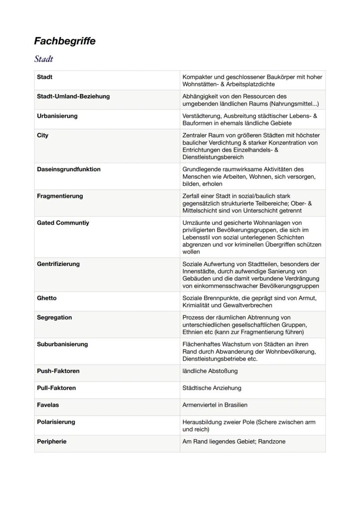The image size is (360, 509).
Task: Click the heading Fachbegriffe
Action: coord(65,41)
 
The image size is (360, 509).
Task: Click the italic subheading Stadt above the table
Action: coord(43,59)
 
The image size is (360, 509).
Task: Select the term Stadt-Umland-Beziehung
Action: coord(73,96)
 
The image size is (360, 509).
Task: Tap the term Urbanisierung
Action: coord(57,116)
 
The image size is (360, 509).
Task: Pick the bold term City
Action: coord(43,136)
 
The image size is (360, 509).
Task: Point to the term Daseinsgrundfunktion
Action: coord(68,170)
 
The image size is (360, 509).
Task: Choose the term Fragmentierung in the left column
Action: coord(60,196)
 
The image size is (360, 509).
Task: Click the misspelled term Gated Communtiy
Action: coord(63,223)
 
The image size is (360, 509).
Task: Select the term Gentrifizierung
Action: coord(59,264)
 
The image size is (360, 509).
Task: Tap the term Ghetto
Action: coord(47,298)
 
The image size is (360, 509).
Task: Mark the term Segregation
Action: coord(54,318)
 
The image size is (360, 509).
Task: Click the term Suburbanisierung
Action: coord(62,344)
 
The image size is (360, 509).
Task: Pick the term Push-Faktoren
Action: coord(58,371)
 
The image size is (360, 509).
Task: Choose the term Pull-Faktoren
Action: coord(56,388)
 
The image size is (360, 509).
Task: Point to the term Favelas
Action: coord(48,405)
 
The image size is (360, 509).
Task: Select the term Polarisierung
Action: coord(56,422)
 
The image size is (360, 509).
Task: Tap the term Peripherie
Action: coord(51,442)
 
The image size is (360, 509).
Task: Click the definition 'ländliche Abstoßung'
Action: coord(210,371)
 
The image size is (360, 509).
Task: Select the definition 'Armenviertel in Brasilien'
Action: coord(215,405)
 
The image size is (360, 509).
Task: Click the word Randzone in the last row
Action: coord(272,442)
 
